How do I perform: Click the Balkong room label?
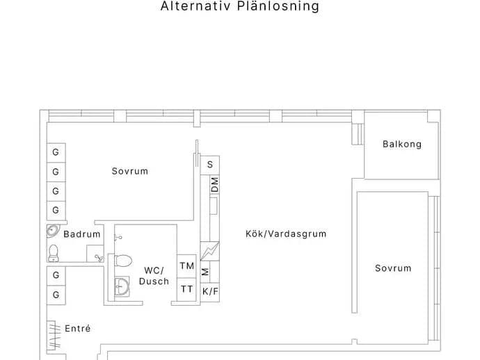pyautogui.click(x=402, y=144)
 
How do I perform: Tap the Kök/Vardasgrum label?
pyautogui.click(x=286, y=234)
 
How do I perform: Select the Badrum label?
pyautogui.click(x=82, y=234)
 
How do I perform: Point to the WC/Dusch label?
pyautogui.click(x=154, y=276)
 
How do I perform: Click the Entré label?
pyautogui.click(x=78, y=329)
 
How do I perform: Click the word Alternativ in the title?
pyautogui.click(x=195, y=6)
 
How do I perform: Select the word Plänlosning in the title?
pyautogui.click(x=278, y=6)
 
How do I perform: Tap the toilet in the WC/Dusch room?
pyautogui.click(x=123, y=261)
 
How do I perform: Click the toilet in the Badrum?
pyautogui.click(x=54, y=253)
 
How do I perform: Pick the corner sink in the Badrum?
pyautogui.click(x=53, y=231)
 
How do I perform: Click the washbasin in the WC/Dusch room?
pyautogui.click(x=122, y=287)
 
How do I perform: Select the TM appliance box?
pyautogui.click(x=186, y=266)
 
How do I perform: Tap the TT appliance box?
pyautogui.click(x=186, y=289)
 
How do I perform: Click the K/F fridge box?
pyautogui.click(x=210, y=292)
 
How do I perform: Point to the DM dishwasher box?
pyautogui.click(x=215, y=185)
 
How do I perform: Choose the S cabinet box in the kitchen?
pyautogui.click(x=209, y=165)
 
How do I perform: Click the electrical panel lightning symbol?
pyautogui.click(x=209, y=251)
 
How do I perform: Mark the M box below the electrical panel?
pyautogui.click(x=205, y=272)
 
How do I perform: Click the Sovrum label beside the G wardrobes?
pyautogui.click(x=130, y=171)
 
